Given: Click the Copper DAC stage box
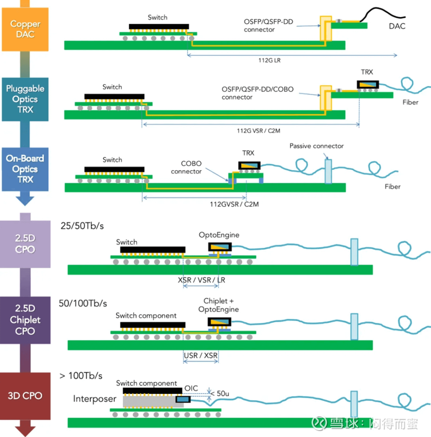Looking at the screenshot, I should [25, 29].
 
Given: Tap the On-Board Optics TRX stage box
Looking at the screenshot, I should [25, 169].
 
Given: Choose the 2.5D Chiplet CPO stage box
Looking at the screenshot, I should [25, 320].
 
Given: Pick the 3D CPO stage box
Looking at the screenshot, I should [25, 395].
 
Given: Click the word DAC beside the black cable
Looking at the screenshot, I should [397, 26].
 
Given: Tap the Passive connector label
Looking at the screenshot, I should [316, 146].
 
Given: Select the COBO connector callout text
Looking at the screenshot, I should [186, 167].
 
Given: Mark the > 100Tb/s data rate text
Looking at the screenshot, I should [81, 376].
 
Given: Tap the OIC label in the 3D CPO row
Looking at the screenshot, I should [191, 388].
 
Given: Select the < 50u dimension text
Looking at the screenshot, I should [221, 393].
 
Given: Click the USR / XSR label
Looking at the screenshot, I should [200, 354].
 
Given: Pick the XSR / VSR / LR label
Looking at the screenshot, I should [201, 280].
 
